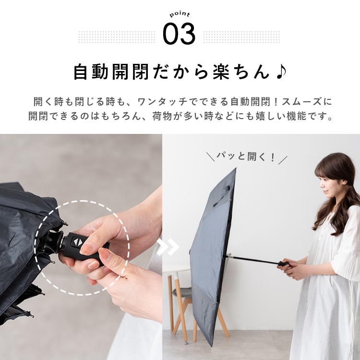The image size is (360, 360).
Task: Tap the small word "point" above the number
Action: [180, 15]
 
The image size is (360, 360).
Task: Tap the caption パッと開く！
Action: [247, 157]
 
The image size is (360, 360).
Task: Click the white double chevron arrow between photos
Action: [169, 247]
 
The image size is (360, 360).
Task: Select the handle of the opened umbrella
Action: [284, 263]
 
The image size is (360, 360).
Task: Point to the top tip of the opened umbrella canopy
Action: [236, 169]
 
